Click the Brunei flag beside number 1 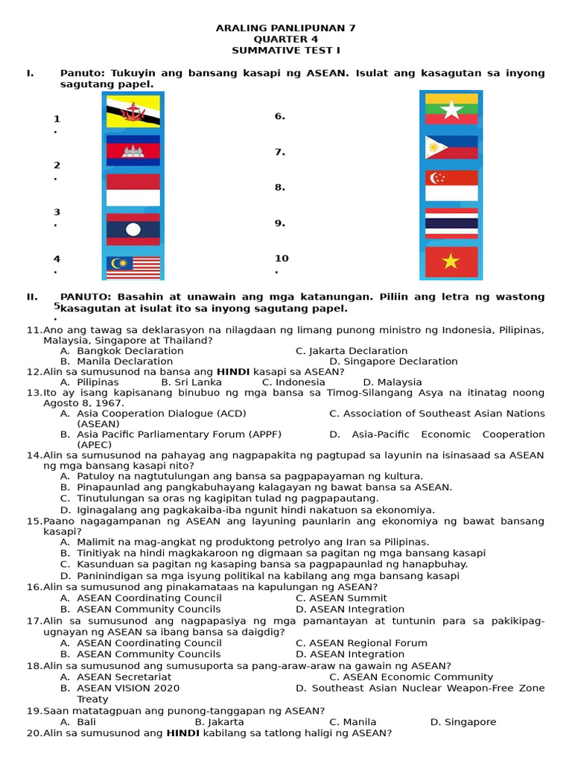(x=133, y=112)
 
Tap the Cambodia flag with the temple (x=133, y=151)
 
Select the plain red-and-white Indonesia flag (x=133, y=189)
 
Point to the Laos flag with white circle (x=133, y=229)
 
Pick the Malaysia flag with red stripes (x=133, y=267)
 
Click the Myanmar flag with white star (x=451, y=109)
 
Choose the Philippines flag (x=451, y=148)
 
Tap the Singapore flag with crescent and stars (x=451, y=186)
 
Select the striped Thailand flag (x=451, y=224)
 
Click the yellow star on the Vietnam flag (x=451, y=262)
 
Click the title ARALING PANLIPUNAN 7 (x=285, y=28)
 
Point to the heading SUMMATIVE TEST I (x=285, y=50)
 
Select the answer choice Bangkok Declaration (x=130, y=351)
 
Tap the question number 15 (x=34, y=522)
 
